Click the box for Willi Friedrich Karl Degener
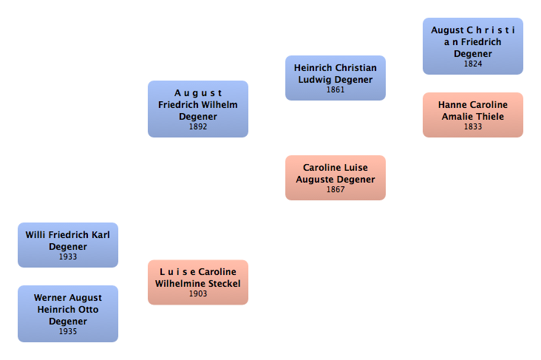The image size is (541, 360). [x=68, y=245]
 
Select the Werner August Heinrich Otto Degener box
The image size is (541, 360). [x=68, y=313]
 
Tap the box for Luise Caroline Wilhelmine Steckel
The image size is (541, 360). [x=198, y=282]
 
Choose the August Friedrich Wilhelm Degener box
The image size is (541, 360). [x=198, y=109]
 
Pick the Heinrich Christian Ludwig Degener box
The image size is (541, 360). [x=336, y=77]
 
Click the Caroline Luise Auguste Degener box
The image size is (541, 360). [x=336, y=177]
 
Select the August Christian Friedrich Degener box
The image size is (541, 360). [x=473, y=46]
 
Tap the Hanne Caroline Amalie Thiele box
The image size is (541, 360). [x=473, y=115]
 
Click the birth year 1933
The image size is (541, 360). [x=68, y=257]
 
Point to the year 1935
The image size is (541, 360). [x=68, y=331]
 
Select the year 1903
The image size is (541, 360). [x=198, y=293]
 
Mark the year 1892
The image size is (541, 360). [x=198, y=126]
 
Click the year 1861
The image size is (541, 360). [x=336, y=89]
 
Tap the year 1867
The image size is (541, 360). [x=336, y=190]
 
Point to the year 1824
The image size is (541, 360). [x=473, y=64]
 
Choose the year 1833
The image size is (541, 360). [x=473, y=126]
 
